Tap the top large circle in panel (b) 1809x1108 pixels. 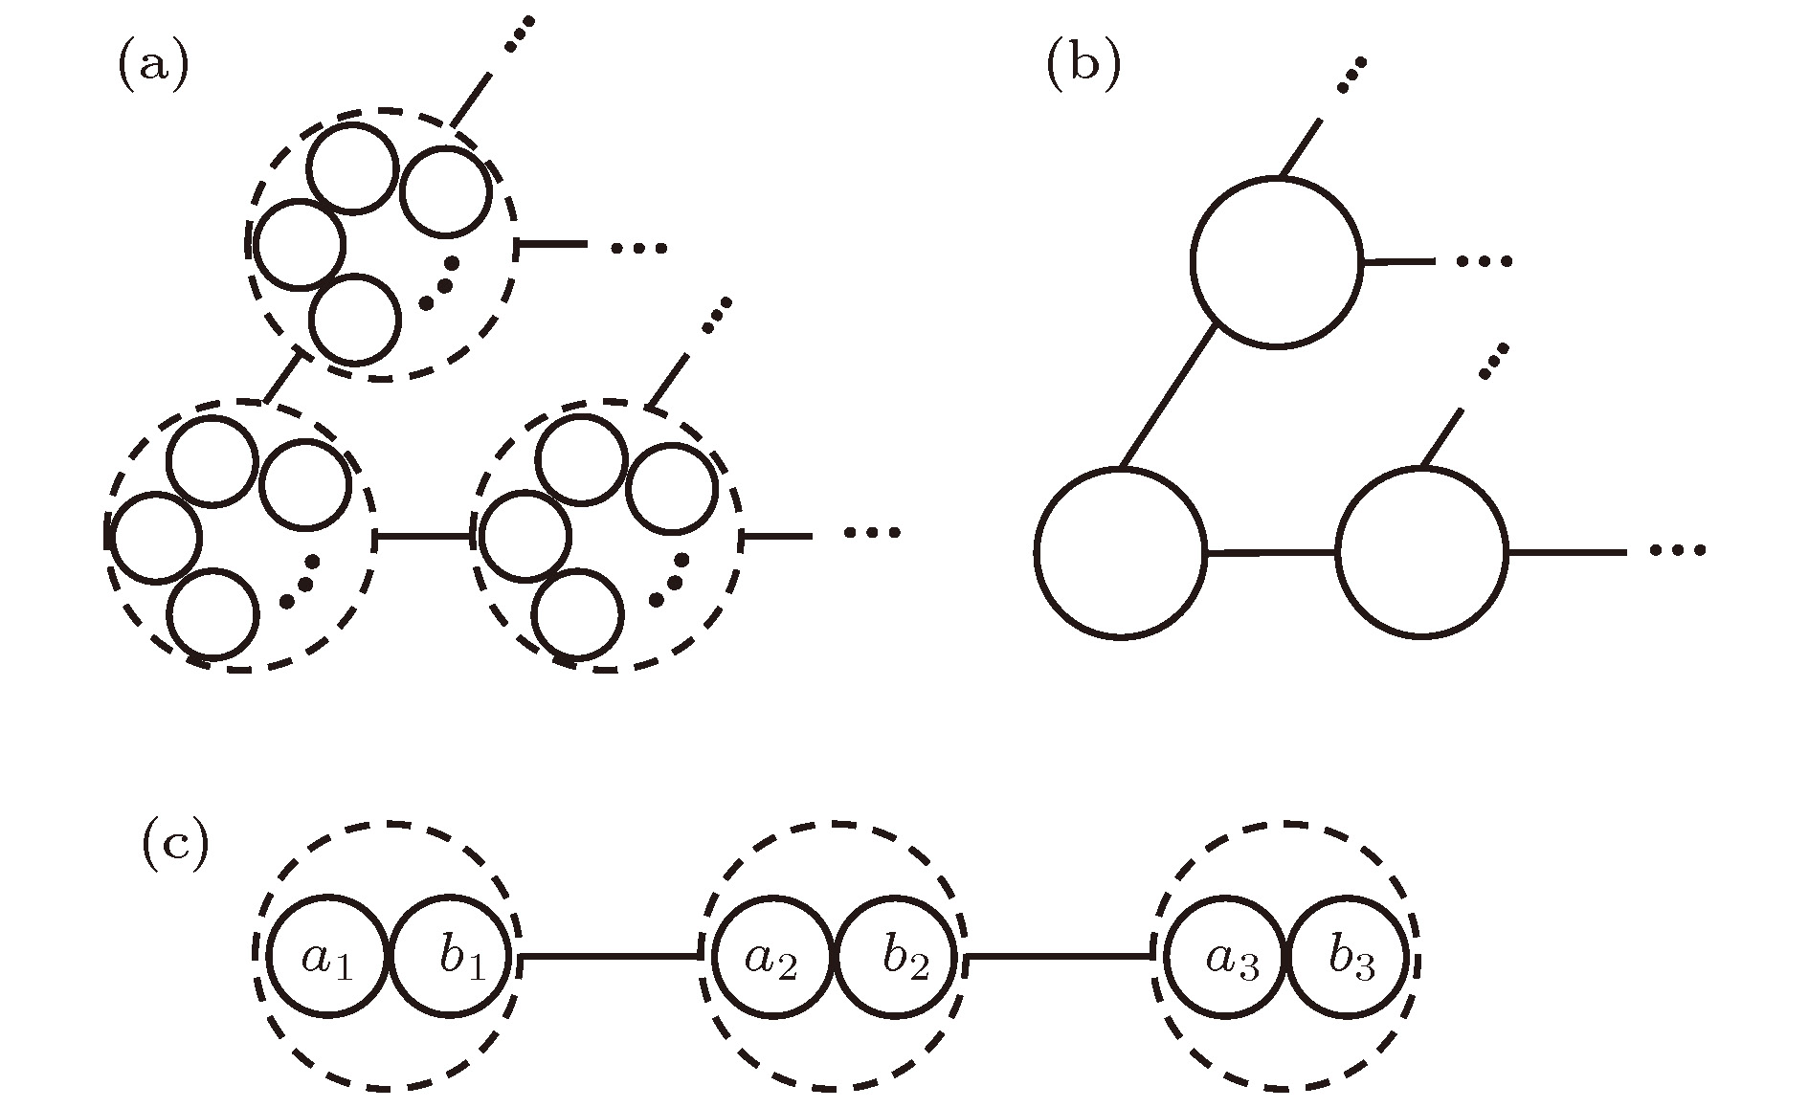(1276, 261)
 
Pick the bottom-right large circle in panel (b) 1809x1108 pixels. (1421, 552)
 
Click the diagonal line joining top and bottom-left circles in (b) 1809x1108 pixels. (1168, 397)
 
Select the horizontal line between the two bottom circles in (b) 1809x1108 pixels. (1271, 552)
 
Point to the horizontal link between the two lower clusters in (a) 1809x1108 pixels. (425, 538)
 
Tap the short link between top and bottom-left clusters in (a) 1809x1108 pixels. (284, 378)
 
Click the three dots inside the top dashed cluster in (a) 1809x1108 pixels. (439, 282)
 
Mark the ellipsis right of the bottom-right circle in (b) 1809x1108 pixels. (1678, 550)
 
